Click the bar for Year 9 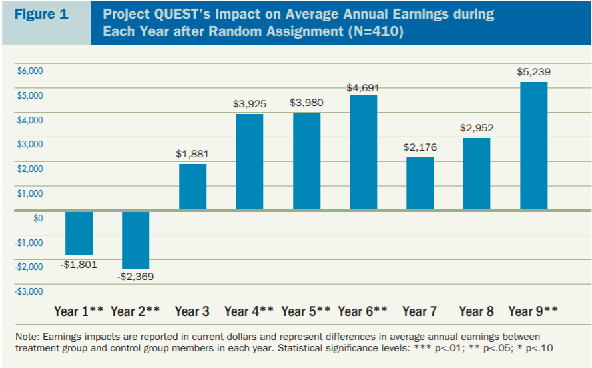click(533, 146)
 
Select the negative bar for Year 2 click(135, 239)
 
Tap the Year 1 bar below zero click(79, 233)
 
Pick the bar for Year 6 click(363, 153)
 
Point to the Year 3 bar click(192, 187)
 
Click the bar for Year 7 click(420, 183)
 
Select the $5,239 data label click(533, 72)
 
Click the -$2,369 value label click(135, 276)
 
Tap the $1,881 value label click(192, 154)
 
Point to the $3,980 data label click(306, 103)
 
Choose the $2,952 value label click(477, 128)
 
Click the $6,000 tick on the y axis click(29, 71)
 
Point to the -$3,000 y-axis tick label click(29, 291)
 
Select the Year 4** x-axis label click(249, 311)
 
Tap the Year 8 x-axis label click(477, 311)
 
